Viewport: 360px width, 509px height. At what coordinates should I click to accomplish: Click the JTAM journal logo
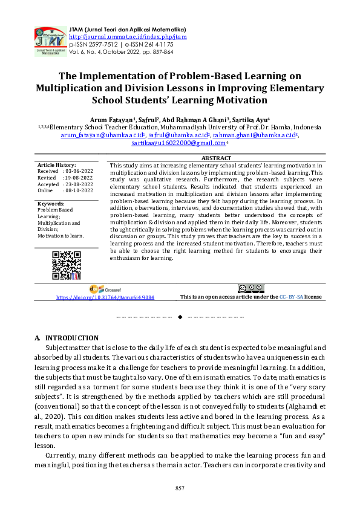tap(50, 39)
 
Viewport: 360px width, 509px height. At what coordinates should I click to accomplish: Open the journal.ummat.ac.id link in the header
tap(128, 36)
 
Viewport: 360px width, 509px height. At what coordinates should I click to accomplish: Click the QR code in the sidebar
tap(67, 264)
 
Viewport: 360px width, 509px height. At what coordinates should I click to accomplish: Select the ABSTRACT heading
tap(216, 158)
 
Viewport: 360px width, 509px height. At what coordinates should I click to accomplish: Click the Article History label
tap(57, 165)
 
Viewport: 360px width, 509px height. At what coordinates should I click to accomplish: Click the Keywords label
tap(51, 204)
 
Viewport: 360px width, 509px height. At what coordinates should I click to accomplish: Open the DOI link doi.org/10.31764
tap(105, 297)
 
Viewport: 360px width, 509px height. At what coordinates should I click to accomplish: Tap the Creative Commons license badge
tap(250, 288)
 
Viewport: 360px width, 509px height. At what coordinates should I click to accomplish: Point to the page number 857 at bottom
tap(180, 488)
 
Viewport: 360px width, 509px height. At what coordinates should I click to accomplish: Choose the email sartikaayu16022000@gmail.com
tap(177, 144)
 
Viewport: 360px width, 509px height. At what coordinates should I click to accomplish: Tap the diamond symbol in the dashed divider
tap(180, 317)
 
